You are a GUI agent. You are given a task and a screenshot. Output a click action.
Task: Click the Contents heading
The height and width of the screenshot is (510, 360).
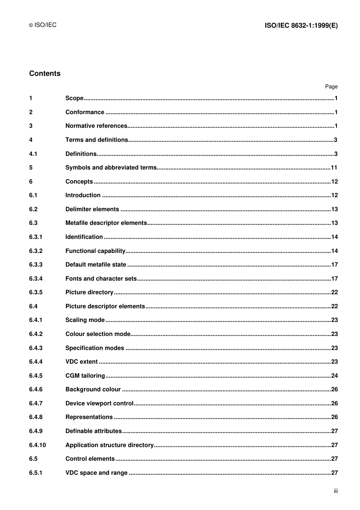45,74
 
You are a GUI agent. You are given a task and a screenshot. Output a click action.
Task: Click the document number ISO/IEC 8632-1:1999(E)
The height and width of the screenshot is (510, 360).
301,25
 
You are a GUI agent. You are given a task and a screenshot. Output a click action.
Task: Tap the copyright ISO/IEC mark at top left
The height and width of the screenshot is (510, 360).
43,25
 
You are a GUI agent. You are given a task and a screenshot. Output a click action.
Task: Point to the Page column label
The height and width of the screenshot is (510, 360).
331,86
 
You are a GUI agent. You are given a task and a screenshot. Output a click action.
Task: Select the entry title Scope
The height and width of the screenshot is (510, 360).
74,98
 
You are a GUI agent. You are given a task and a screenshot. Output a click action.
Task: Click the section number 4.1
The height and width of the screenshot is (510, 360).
33,154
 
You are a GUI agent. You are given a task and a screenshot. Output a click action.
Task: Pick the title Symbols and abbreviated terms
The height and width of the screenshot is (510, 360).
111,168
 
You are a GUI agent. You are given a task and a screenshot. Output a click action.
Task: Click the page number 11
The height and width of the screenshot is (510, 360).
333,168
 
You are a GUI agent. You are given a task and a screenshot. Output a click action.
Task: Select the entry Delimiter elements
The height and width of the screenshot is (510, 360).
92,209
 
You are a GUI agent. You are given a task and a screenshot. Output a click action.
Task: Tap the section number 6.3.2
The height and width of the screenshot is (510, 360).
36,251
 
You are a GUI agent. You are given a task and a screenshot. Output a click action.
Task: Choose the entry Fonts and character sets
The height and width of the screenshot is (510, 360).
101,279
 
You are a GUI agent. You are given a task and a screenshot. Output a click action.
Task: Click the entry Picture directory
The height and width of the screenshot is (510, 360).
89,292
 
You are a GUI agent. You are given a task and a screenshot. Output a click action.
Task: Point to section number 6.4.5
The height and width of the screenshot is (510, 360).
36,376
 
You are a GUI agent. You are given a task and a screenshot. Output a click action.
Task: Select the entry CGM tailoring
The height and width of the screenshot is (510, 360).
85,376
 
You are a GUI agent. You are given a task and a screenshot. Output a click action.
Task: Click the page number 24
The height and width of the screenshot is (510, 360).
334,376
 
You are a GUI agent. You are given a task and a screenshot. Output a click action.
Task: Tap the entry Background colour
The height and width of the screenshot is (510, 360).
93,389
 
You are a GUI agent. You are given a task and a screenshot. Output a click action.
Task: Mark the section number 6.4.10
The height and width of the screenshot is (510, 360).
37,445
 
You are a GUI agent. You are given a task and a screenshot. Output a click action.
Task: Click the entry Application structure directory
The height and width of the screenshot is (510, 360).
110,445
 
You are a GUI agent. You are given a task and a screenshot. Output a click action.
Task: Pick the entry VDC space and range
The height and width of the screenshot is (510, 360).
96,473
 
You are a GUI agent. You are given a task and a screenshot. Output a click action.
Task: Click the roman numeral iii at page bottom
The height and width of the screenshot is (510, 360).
335,491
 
